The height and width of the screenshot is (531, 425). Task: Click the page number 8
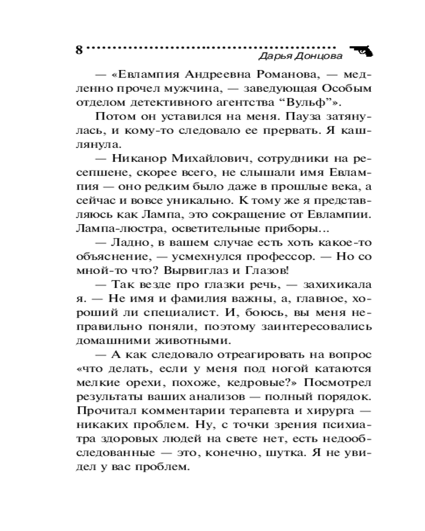tap(79, 50)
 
